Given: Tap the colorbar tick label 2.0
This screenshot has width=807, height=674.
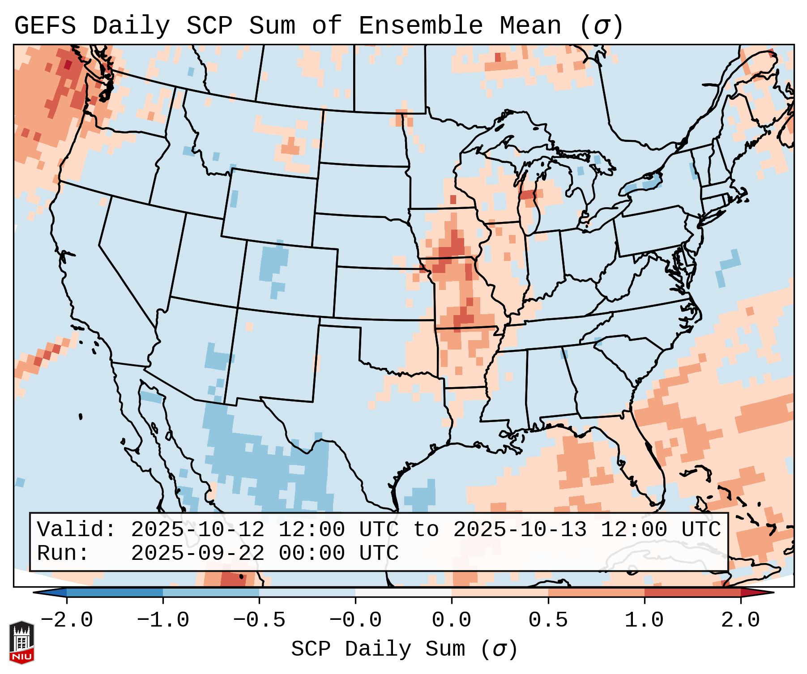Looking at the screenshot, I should coord(740,620).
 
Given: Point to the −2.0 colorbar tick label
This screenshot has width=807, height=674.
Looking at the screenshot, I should coord(66,620).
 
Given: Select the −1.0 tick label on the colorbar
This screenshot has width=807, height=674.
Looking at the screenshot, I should coord(162,620).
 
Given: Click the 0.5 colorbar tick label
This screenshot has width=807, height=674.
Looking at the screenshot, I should coord(548,620).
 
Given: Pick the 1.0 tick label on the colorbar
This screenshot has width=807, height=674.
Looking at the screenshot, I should coord(644,620).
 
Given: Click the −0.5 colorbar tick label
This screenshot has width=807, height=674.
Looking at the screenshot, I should coord(259,620).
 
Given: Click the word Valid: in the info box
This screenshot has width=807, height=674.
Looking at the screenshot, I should coord(77,529).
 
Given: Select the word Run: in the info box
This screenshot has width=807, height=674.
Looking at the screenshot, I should coord(63,553).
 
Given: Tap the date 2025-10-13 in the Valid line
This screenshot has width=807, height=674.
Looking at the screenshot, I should coord(520,529).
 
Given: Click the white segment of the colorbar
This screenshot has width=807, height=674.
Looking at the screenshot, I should coord(403,593).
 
